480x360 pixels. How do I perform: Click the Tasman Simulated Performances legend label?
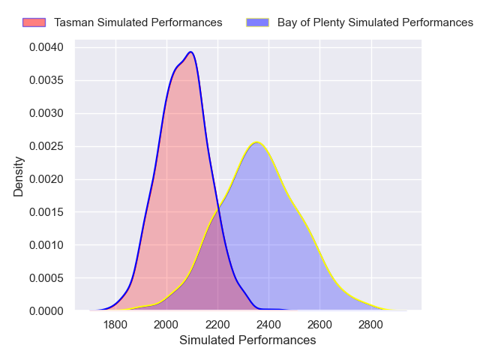pyautogui.click(x=138, y=22)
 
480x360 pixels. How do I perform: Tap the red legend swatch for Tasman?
pyautogui.click(x=34, y=22)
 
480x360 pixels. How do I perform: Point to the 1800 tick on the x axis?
pyautogui.click(x=115, y=325)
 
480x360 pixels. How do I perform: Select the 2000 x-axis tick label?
pyautogui.click(x=166, y=325)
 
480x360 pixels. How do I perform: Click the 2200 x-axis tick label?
pyautogui.click(x=217, y=325)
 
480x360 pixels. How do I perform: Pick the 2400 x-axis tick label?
pyautogui.click(x=268, y=325)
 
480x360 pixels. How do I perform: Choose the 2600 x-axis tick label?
pyautogui.click(x=319, y=325)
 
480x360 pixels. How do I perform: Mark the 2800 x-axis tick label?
pyautogui.click(x=370, y=325)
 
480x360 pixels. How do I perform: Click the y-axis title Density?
pyautogui.click(x=19, y=176)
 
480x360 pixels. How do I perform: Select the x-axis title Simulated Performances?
pyautogui.click(x=247, y=340)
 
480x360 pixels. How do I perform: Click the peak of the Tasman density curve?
pyautogui.click(x=191, y=52)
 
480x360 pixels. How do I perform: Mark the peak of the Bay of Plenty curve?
pyautogui.click(x=256, y=142)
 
